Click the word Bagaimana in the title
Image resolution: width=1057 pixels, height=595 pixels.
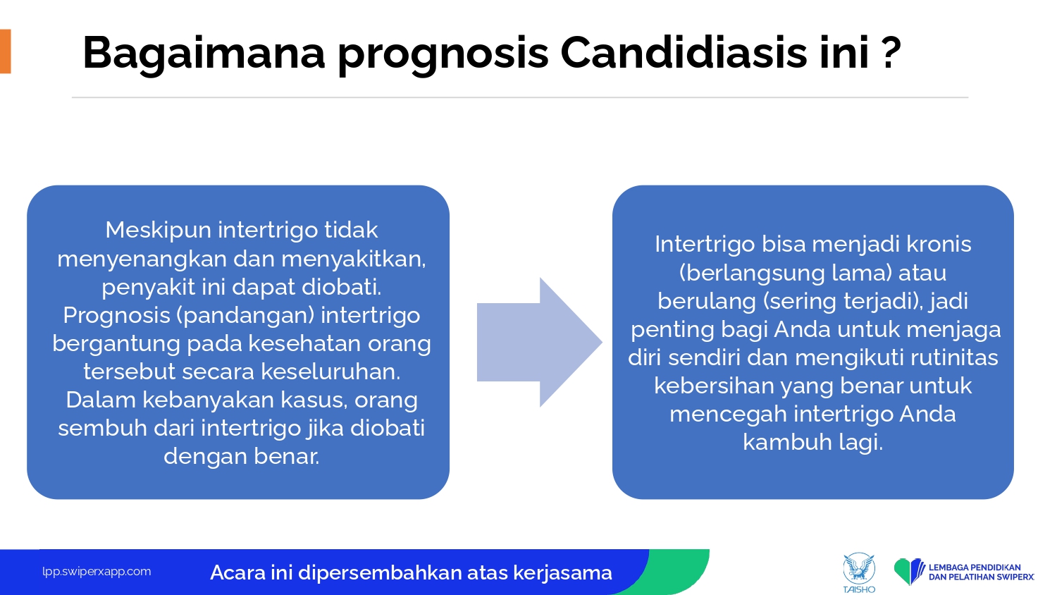(x=204, y=53)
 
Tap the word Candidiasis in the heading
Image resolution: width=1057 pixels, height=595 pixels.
(x=684, y=52)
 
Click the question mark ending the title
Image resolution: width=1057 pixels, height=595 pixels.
(x=891, y=53)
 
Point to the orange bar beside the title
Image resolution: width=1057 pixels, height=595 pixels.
(x=5, y=51)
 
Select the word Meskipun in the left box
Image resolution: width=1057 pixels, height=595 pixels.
(x=158, y=231)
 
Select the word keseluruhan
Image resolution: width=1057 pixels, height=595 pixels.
(x=330, y=372)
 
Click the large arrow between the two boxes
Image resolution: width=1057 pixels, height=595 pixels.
(x=539, y=343)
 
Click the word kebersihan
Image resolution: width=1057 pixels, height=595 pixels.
(x=713, y=386)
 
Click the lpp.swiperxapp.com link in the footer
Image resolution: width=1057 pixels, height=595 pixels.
(x=97, y=572)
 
